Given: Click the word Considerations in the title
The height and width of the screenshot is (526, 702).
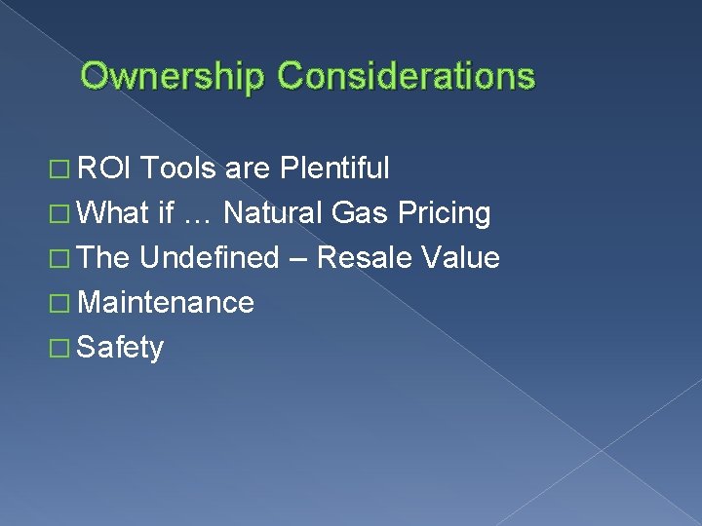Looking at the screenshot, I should (407, 76).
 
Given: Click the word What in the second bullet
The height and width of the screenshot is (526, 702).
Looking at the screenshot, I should (112, 213).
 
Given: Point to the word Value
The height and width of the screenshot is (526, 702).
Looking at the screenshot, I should (459, 258).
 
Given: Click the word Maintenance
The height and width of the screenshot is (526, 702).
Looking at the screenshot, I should (165, 303).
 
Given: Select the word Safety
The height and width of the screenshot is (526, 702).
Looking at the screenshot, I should (120, 348).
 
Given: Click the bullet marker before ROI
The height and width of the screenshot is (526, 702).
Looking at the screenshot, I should (62, 170).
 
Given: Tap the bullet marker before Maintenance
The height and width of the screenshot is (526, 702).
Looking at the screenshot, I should (62, 305).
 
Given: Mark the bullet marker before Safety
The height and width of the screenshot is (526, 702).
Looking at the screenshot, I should (62, 350).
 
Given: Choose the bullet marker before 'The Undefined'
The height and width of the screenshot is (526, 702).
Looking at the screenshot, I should (62, 260).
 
